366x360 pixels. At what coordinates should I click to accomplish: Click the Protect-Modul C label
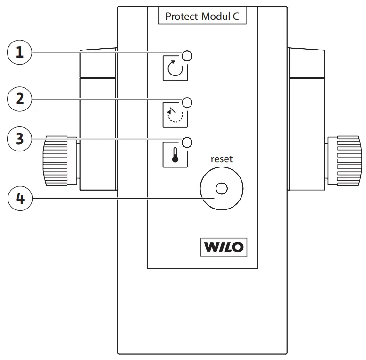coord(202,16)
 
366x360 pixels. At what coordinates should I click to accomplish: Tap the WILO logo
coord(224,247)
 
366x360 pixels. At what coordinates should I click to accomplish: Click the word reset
coord(221,159)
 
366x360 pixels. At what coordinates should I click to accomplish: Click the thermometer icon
coord(175,155)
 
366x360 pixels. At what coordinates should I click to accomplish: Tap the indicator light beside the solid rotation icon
coord(187,56)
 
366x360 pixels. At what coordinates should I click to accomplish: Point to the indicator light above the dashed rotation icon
coord(187,102)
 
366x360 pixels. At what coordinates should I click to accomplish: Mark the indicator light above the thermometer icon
coord(187,142)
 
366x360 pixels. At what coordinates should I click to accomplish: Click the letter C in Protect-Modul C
coord(236,16)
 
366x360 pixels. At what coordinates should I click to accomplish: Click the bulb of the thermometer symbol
coord(175,159)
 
